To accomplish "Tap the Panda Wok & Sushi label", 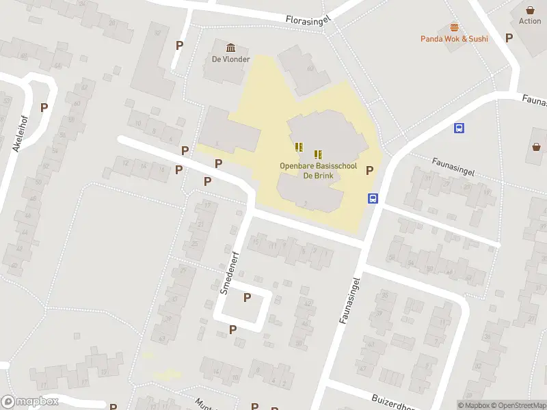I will (454, 39).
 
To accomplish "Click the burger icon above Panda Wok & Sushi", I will (454, 27).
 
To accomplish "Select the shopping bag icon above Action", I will (530, 10).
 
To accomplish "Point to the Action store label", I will (530, 21).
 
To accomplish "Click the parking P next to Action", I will (509, 38).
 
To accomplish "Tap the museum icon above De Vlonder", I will (230, 47).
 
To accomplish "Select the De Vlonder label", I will (230, 59).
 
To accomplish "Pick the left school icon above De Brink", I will (299, 146).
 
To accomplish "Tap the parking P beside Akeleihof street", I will (44, 107).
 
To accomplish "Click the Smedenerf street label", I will (230, 273).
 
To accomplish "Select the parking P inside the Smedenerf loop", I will (247, 297).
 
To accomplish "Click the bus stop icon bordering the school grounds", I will (373, 199).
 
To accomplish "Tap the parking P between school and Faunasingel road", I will (370, 171).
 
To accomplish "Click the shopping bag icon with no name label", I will (537, 146).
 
